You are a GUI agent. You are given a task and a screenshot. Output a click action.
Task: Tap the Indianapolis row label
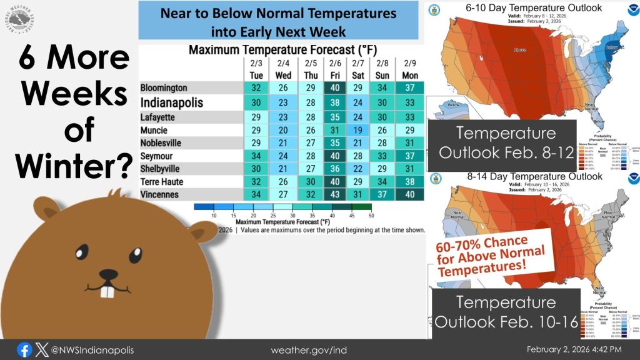point(172,102)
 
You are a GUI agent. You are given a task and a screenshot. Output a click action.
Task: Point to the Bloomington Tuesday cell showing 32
point(256,88)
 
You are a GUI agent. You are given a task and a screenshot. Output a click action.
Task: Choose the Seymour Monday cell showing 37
point(409,155)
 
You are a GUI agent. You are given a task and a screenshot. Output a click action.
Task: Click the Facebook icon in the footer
point(25,349)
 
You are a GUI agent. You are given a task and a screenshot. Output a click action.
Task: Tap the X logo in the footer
point(42,349)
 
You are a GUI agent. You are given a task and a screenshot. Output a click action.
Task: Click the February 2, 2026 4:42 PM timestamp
point(574,349)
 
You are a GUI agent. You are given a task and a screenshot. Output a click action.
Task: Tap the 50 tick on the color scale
point(371,215)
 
